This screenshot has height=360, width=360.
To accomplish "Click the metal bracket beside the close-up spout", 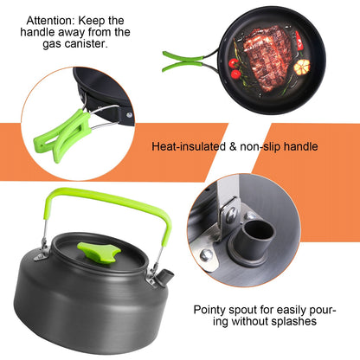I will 227,212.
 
